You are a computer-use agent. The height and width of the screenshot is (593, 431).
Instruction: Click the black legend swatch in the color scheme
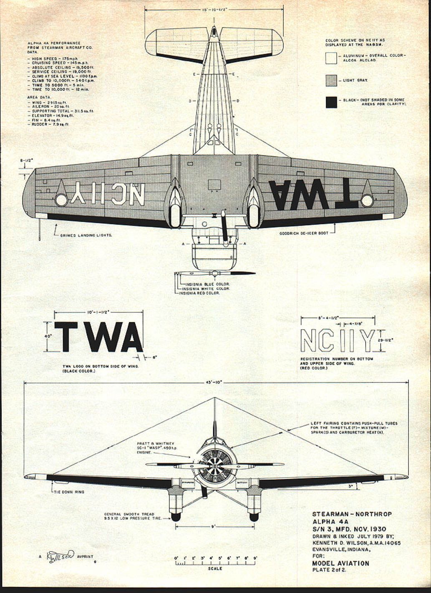[331, 102]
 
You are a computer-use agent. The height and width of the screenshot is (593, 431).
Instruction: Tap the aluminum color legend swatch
[331, 58]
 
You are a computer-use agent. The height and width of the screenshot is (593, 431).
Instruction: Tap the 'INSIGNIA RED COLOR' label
[199, 293]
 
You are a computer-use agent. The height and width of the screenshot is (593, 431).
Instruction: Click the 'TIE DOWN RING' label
[69, 492]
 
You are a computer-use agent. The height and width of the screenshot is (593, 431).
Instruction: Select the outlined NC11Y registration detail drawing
[338, 341]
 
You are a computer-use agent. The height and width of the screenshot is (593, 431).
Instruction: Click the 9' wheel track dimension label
[214, 527]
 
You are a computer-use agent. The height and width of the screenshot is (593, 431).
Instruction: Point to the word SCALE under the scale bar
[215, 568]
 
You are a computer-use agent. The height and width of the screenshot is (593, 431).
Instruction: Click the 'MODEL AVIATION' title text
[340, 563]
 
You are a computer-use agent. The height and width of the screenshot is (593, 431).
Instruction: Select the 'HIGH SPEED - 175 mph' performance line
[55, 59]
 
